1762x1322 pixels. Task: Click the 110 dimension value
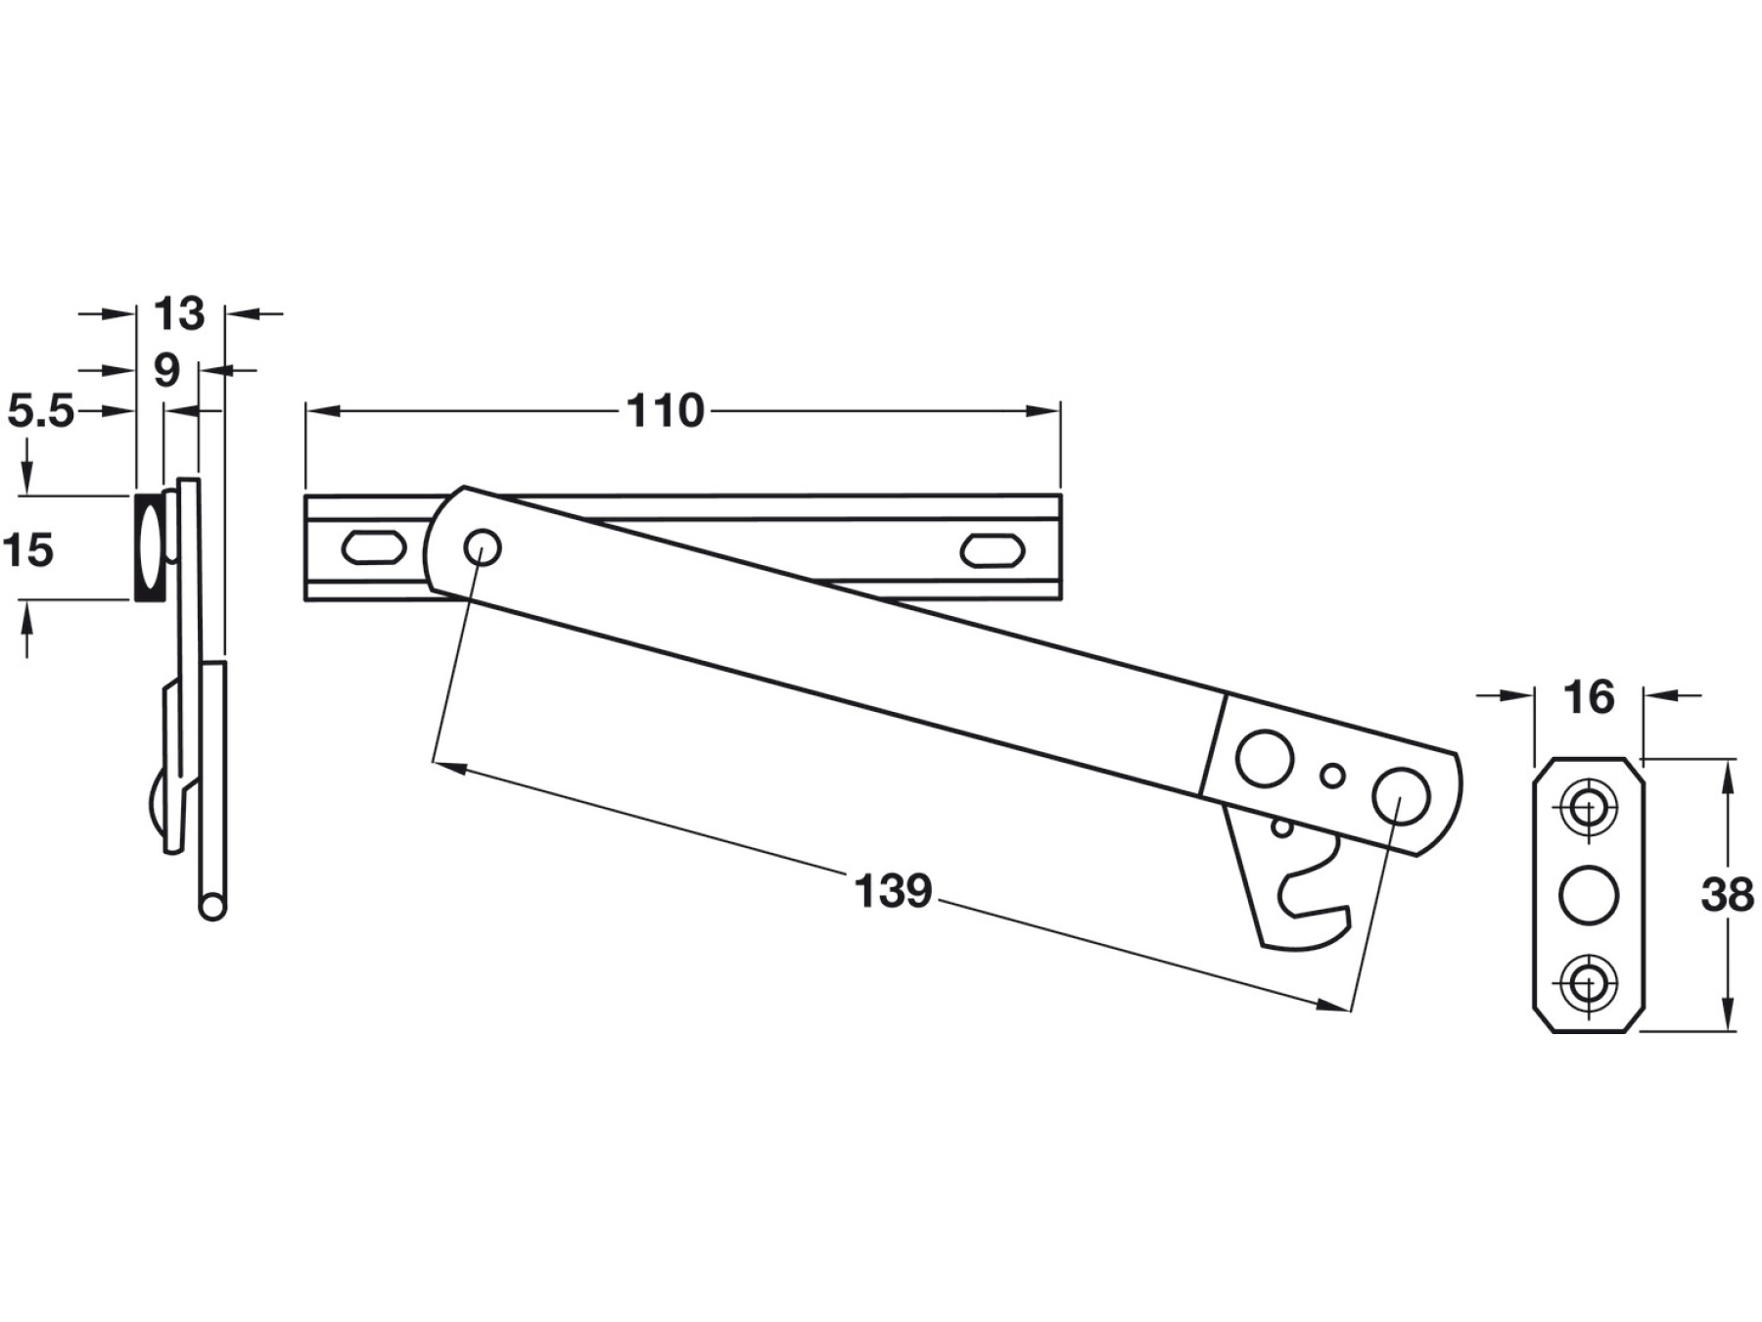[x=666, y=411]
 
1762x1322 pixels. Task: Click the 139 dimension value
[x=893, y=891]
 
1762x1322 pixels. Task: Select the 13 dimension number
[x=179, y=313]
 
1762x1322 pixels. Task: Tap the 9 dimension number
[x=167, y=370]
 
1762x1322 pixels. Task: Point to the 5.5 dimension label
[x=41, y=411]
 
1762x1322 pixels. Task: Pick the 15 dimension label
[x=28, y=550]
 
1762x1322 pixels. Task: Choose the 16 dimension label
[x=1588, y=697]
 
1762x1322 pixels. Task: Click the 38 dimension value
[x=1727, y=894]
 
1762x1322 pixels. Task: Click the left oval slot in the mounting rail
[x=372, y=547]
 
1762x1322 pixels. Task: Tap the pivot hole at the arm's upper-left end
[x=483, y=547]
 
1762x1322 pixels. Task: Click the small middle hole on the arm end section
[x=1332, y=775]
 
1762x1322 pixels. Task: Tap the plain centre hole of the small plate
[x=1587, y=895]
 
